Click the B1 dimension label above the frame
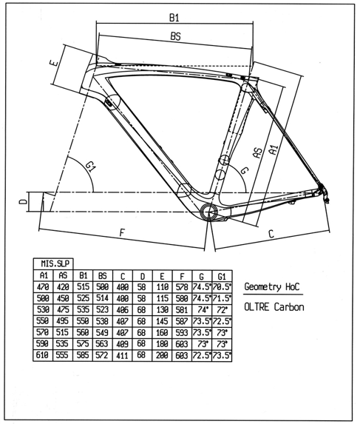pos(174,18)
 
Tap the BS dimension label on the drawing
pos(175,36)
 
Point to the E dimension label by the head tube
pos(53,63)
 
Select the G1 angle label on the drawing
pos(91,166)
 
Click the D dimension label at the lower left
pos(24,201)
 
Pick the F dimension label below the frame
pos(122,232)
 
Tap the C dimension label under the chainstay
pos(271,234)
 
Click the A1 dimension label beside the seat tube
pos(274,149)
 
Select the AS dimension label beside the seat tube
pos(258,152)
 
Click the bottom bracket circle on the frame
pos(208,212)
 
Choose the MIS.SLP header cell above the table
pos(53,263)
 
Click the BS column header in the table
pos(103,275)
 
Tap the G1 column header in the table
pos(222,276)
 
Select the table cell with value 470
pos(43,287)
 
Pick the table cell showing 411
pos(122,355)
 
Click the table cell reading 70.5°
pos(222,287)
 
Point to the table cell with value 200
pos(162,355)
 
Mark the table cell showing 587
pos(182,321)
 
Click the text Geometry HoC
pos(272,286)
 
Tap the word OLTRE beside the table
pos(257,307)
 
